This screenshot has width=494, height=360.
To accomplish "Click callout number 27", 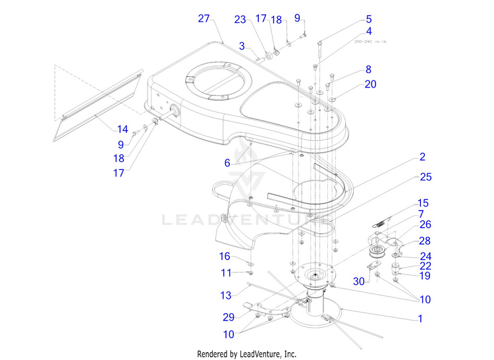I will click(204, 18).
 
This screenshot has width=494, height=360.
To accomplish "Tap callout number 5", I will click(369, 19).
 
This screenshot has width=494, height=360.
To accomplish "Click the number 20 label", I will click(371, 84).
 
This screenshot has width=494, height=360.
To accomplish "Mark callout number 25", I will click(425, 177).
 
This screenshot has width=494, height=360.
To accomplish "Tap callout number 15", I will click(423, 203).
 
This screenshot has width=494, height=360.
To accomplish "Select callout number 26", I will click(425, 225).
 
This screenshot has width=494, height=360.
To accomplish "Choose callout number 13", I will click(226, 295).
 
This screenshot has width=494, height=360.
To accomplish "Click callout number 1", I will click(419, 319).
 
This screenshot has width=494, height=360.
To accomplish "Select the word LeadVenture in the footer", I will click(272, 353).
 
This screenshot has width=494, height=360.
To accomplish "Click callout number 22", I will click(425, 266).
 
